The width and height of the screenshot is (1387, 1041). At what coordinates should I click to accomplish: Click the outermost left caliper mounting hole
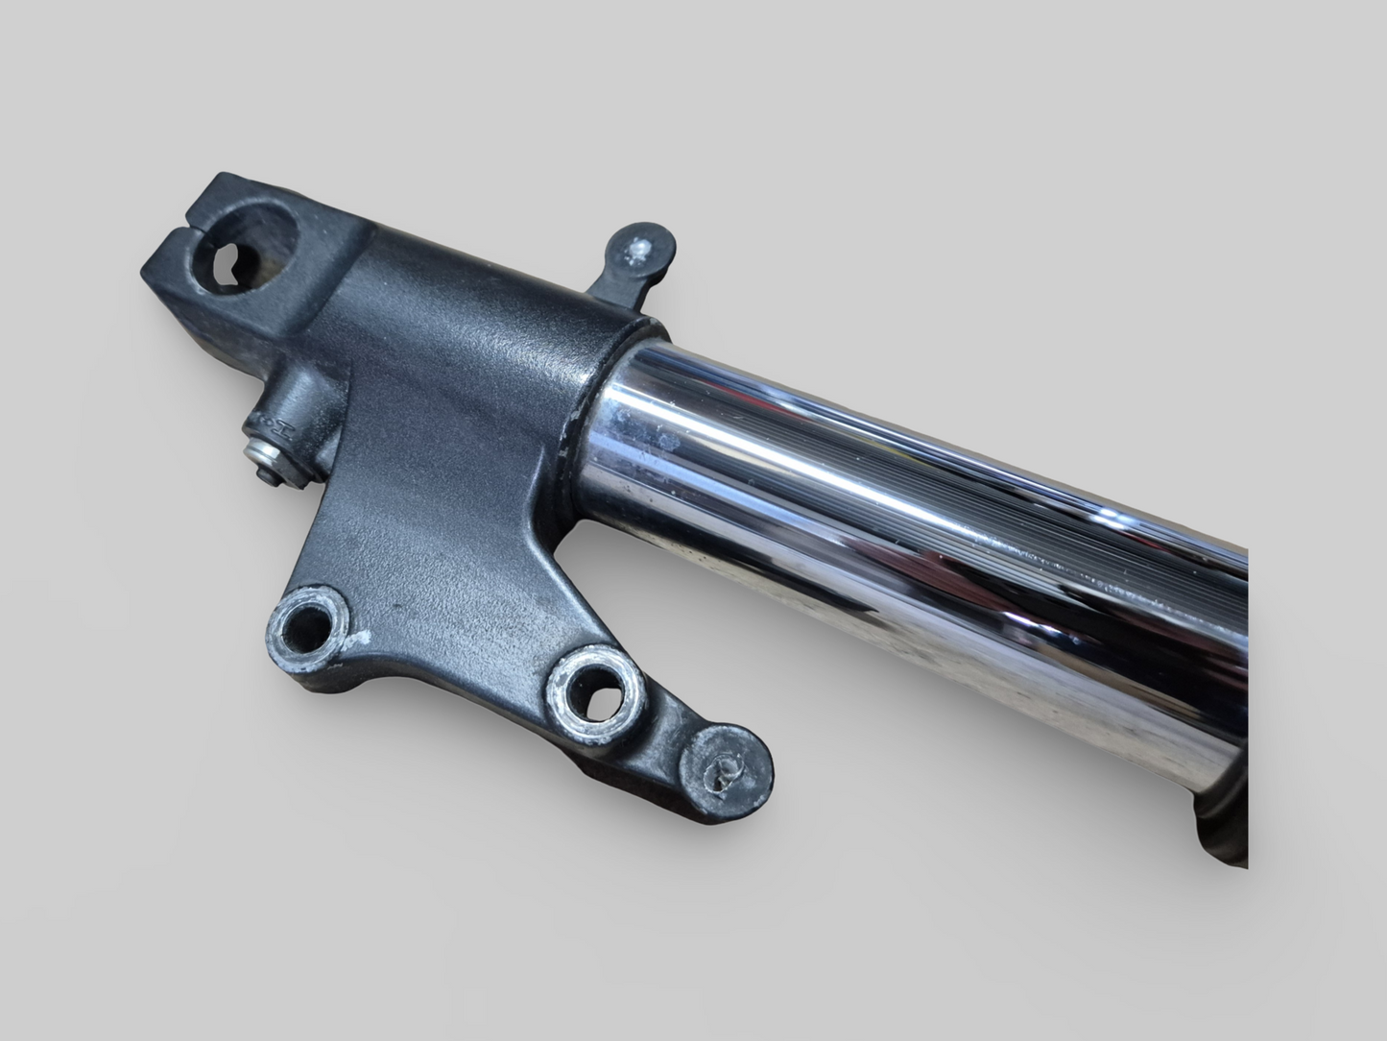(306, 625)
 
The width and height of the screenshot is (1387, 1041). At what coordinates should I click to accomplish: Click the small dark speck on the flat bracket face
(396, 607)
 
